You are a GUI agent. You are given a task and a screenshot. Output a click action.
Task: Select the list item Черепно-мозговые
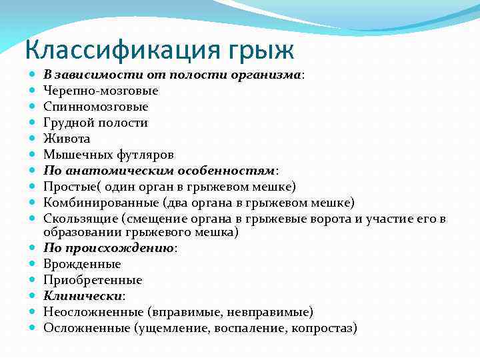pyautogui.click(x=101, y=91)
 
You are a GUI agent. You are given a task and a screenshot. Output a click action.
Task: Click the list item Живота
pyautogui.click(x=67, y=139)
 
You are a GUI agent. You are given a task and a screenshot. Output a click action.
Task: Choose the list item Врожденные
pyautogui.click(x=82, y=264)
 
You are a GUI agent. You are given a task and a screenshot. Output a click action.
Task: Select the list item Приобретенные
pyautogui.click(x=93, y=280)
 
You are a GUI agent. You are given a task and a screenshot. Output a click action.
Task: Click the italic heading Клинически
pyautogui.click(x=82, y=296)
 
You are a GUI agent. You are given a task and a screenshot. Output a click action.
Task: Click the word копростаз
pyautogui.click(x=322, y=328)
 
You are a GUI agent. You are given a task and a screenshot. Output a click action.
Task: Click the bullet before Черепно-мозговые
pyautogui.click(x=33, y=91)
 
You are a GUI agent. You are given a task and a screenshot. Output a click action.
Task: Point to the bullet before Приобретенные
pyautogui.click(x=33, y=280)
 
